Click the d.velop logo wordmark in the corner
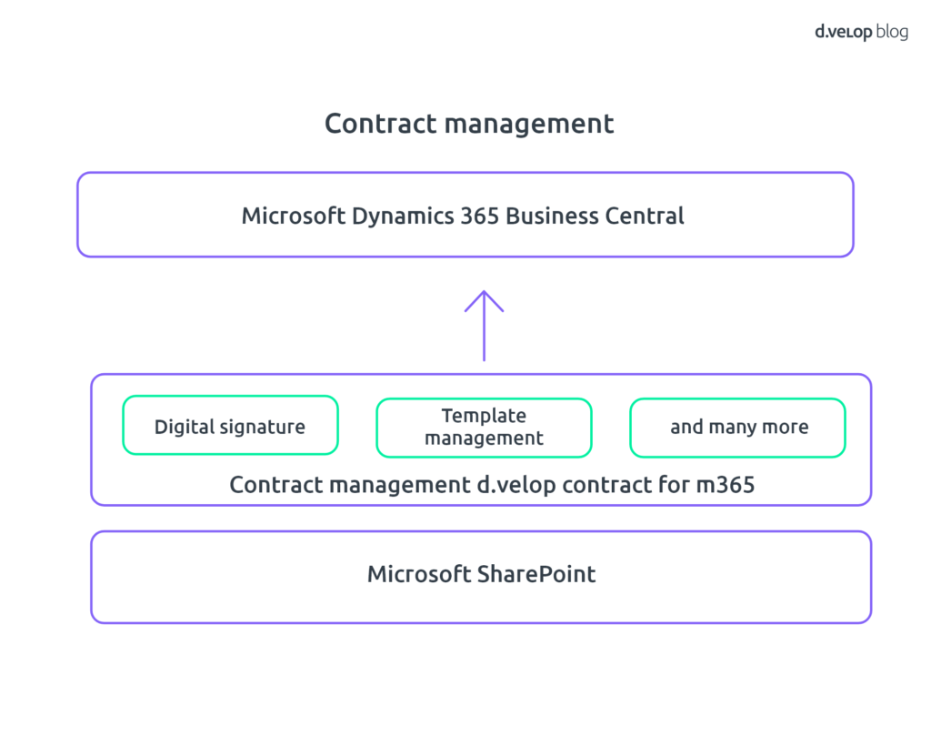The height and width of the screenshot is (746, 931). [x=844, y=32]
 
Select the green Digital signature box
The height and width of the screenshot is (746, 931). [x=230, y=426]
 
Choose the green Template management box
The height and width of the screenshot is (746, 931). [x=484, y=426]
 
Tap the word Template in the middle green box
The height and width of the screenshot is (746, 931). [x=484, y=416]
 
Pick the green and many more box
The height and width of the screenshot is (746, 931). [x=737, y=426]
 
